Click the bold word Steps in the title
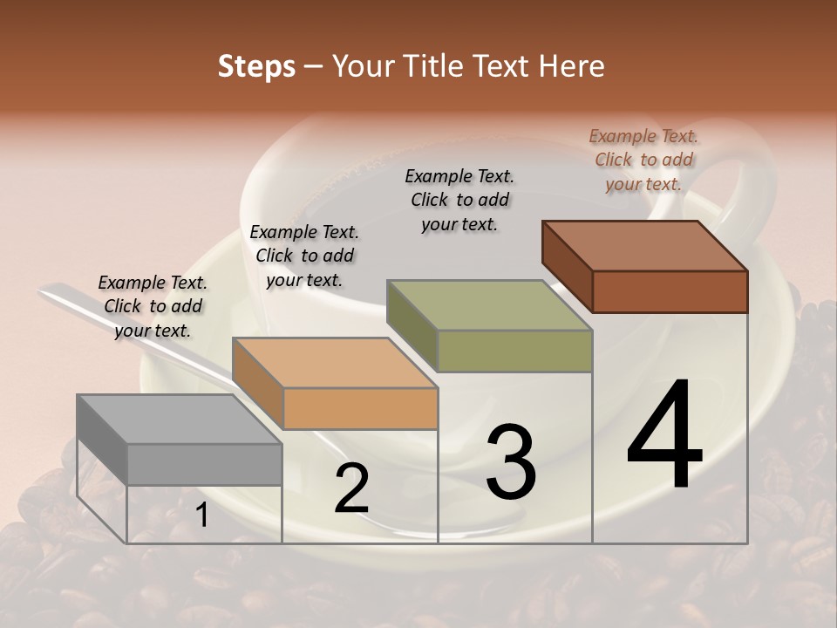256,66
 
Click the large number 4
664,436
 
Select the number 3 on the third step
510,462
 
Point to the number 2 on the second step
351,489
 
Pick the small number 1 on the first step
201,516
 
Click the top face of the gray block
166,419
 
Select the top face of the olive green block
475,304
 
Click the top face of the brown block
631,245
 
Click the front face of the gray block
205,464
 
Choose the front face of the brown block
670,291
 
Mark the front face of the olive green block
514,351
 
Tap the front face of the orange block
360,408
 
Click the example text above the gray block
153,306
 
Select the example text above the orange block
304,256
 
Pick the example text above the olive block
459,200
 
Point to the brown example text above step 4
643,160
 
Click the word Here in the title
572,66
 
